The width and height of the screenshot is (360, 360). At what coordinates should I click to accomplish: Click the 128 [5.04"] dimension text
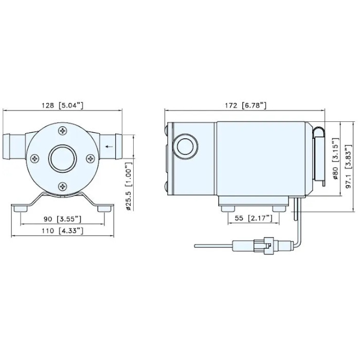click(63, 105)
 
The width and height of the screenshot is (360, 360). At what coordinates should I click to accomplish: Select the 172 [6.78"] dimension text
click(245, 105)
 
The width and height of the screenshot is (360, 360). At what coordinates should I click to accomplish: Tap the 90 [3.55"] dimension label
click(63, 219)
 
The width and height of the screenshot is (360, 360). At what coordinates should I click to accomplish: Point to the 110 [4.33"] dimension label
click(63, 231)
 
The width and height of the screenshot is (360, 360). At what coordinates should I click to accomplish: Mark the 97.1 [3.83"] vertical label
click(348, 159)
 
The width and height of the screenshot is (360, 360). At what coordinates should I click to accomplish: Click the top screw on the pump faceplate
click(63, 132)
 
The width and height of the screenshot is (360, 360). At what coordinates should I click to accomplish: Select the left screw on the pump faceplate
click(35, 159)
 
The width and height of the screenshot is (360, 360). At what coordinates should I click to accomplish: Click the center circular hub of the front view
click(63, 159)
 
